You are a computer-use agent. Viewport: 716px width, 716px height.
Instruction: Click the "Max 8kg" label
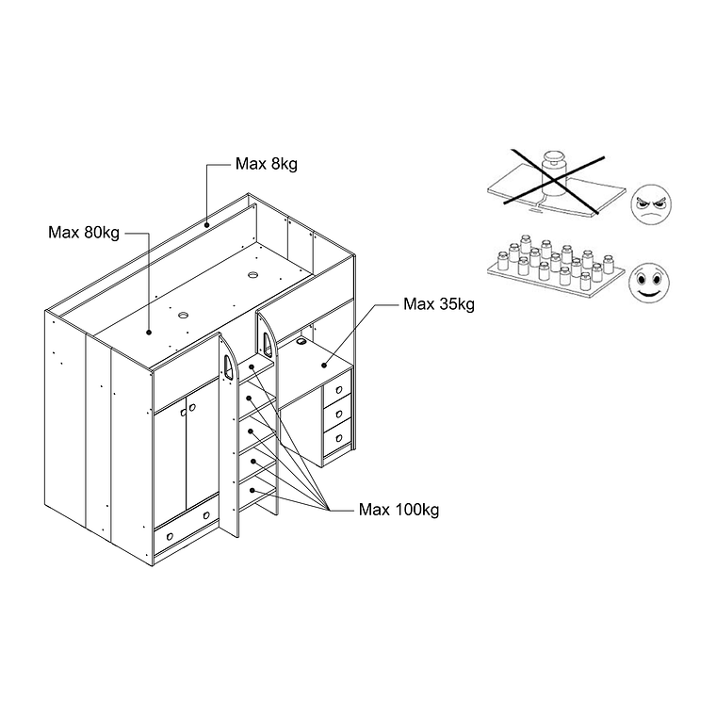click(267, 164)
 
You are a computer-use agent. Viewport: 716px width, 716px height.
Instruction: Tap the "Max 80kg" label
click(84, 233)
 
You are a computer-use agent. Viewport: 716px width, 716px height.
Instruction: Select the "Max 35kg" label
click(439, 304)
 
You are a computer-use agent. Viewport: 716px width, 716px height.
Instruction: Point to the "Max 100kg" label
click(399, 510)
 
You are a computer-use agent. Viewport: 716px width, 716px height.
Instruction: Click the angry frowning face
click(651, 204)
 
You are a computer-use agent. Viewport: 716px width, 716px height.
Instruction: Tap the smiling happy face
click(649, 283)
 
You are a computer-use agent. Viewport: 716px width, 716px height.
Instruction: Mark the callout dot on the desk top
click(324, 365)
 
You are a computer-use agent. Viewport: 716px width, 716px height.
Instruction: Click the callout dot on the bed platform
click(149, 333)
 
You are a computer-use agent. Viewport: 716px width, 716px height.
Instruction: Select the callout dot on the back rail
click(206, 224)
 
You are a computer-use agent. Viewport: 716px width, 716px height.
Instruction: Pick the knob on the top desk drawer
click(339, 390)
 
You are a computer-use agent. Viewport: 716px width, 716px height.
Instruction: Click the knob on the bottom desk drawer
click(339, 438)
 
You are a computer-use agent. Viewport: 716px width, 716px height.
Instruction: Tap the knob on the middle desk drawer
click(339, 415)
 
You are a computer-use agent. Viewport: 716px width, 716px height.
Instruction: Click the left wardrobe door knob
click(184, 413)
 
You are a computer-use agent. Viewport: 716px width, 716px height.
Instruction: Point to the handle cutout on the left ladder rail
click(228, 368)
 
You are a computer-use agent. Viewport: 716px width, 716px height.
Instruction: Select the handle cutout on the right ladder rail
click(267, 343)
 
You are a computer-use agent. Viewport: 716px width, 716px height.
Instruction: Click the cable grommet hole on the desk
click(301, 341)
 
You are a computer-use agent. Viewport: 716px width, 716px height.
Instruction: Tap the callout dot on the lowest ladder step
click(252, 491)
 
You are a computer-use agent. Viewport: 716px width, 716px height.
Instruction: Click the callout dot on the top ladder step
click(252, 366)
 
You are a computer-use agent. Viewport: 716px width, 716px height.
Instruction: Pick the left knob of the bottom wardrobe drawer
click(170, 536)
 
